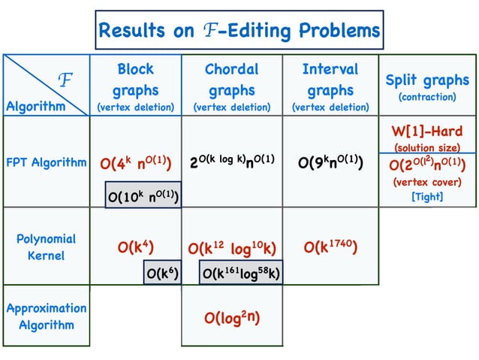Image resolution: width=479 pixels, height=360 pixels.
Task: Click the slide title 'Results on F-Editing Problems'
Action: click(239, 31)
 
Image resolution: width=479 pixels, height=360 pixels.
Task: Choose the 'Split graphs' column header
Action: click(427, 80)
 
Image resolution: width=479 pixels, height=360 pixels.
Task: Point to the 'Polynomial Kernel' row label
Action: click(47, 247)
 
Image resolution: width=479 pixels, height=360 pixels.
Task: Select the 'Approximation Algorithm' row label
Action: click(47, 316)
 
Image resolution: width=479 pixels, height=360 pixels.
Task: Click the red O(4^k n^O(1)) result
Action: click(136, 162)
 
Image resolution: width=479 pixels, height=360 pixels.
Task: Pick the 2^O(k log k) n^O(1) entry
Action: click(231, 161)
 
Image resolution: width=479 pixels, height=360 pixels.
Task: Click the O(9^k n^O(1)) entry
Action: click(330, 162)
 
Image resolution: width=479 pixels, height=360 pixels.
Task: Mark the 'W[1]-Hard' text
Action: click(427, 131)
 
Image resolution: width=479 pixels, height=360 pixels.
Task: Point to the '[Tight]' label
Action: click(427, 196)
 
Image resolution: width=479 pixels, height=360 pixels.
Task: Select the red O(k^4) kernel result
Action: click(136, 247)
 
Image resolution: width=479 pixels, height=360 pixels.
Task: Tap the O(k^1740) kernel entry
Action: click(330, 247)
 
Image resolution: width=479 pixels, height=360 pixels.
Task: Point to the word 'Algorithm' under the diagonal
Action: click(35, 106)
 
